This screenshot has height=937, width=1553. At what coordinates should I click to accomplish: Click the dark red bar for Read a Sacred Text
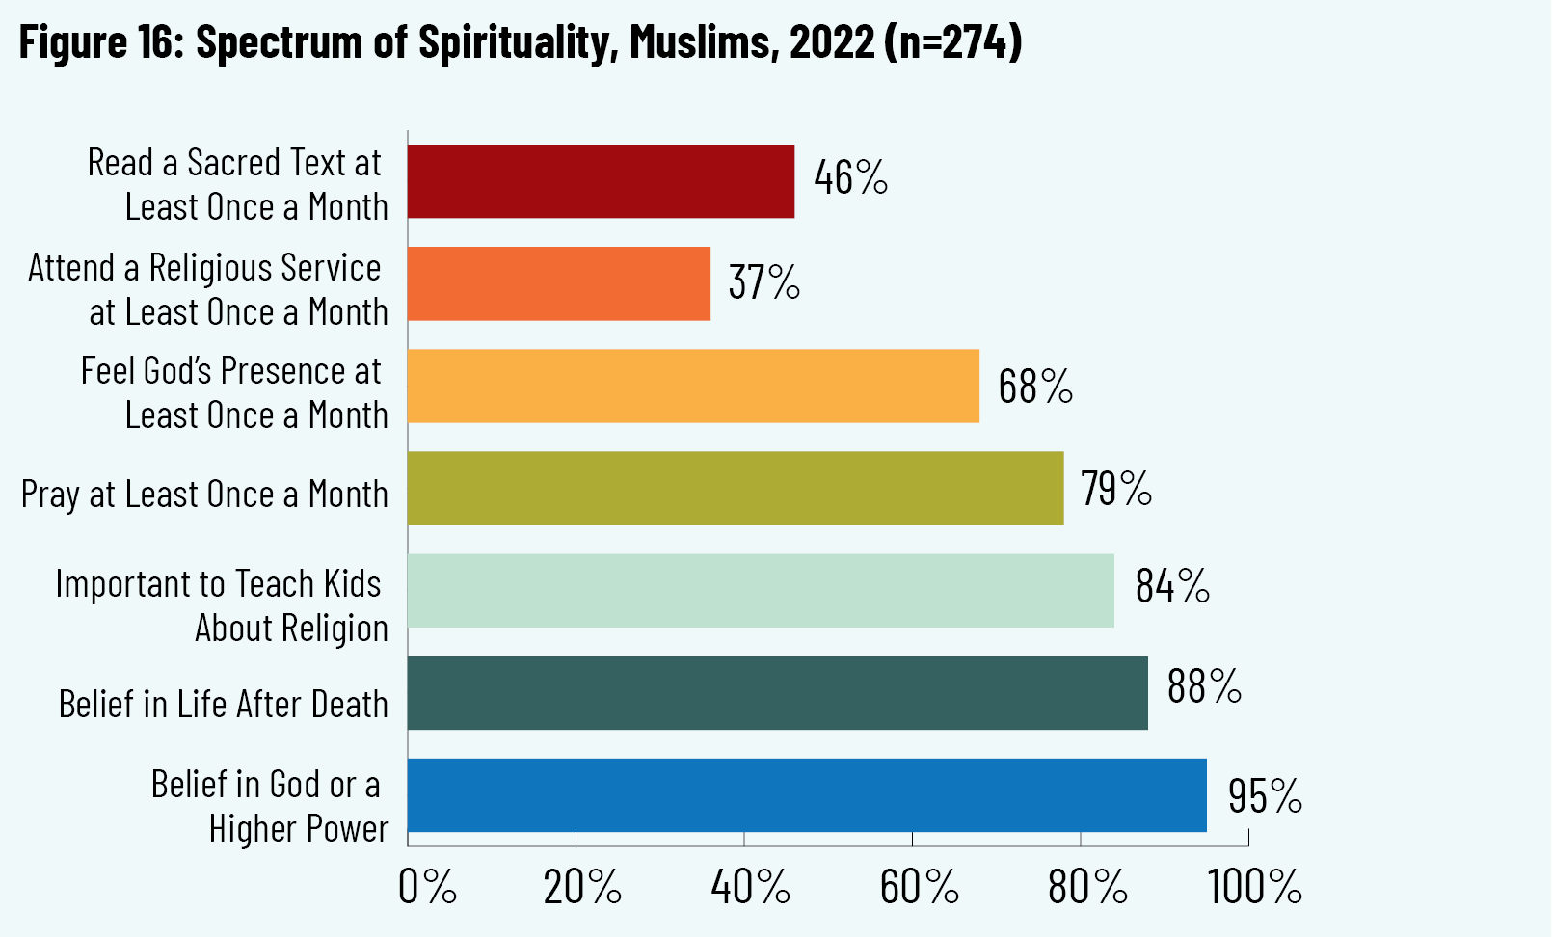[x=601, y=181]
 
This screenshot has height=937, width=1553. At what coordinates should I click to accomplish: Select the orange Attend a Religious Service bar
[x=559, y=283]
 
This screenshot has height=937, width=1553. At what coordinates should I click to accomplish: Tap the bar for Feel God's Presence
[x=693, y=386]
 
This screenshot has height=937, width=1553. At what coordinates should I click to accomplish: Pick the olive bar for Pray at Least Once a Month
[x=736, y=488]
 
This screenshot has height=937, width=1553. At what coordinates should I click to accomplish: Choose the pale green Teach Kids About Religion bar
[x=761, y=590]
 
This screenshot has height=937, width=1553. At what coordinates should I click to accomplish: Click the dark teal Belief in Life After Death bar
[x=777, y=693]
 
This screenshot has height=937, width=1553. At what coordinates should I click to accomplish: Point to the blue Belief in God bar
[x=807, y=795]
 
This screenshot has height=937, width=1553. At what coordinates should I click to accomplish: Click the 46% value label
[x=850, y=178]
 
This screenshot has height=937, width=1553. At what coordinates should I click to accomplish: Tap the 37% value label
[x=763, y=282]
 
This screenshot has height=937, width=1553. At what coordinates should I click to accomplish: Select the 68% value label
[x=1035, y=387]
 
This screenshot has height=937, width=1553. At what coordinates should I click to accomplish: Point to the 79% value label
[x=1115, y=489]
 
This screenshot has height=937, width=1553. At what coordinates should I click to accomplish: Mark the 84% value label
[x=1171, y=586]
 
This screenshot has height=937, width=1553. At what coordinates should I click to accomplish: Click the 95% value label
[x=1265, y=796]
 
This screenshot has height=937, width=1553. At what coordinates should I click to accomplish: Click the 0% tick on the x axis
[x=427, y=887]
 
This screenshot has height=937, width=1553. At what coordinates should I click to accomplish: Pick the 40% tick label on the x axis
[x=750, y=887]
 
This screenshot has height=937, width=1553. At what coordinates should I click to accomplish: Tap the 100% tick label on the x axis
[x=1255, y=887]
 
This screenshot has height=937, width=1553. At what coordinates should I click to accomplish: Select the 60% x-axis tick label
[x=919, y=887]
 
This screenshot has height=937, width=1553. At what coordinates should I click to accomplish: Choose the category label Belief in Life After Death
[x=223, y=705]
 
